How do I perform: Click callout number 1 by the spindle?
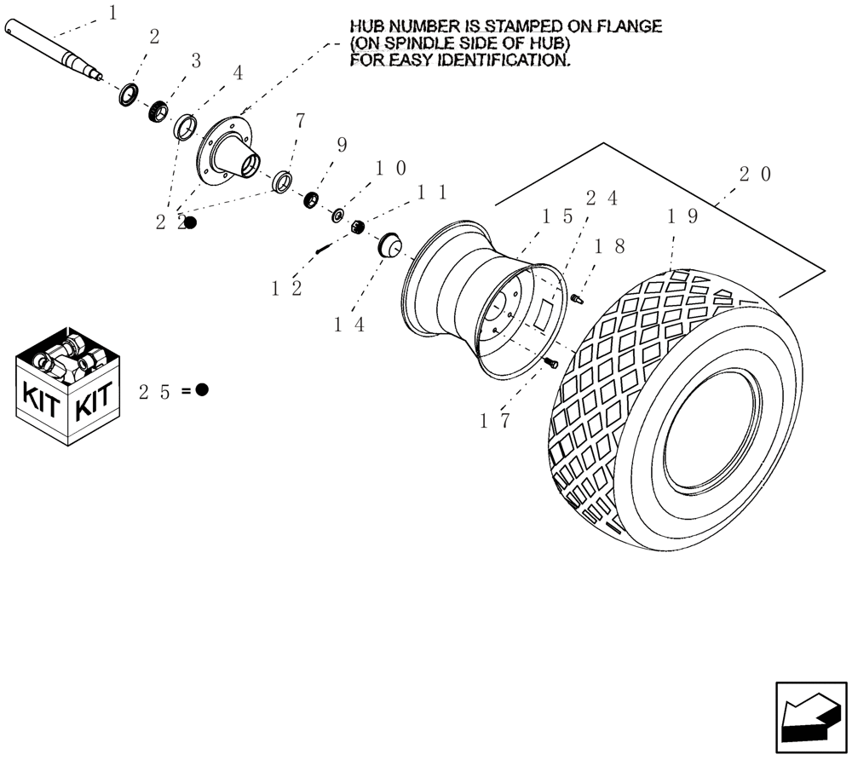114,13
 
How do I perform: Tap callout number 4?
238,73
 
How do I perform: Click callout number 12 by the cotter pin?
287,289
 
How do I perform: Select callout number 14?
349,325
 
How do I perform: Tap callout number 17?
494,420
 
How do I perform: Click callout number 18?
610,246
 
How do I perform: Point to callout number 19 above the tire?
682,216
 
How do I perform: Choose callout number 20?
755,175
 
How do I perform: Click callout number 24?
602,198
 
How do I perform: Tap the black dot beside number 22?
191,222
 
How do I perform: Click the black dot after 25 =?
202,390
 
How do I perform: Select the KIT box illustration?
69,383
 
